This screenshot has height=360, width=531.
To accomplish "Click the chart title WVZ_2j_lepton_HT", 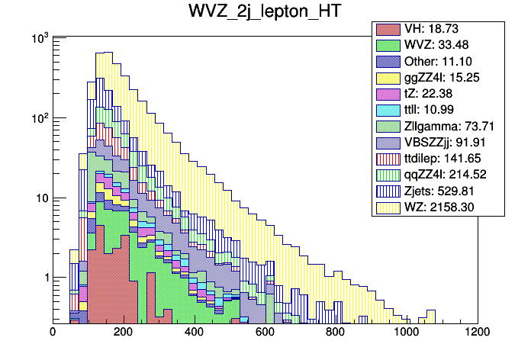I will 265,13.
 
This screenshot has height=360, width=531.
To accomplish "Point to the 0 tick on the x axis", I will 53,332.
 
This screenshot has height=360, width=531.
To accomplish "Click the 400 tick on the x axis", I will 195,332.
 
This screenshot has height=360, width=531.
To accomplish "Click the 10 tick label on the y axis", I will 39,198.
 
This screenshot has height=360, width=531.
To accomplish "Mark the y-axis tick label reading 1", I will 43,278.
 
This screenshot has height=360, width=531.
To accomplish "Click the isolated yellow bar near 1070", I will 431,316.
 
